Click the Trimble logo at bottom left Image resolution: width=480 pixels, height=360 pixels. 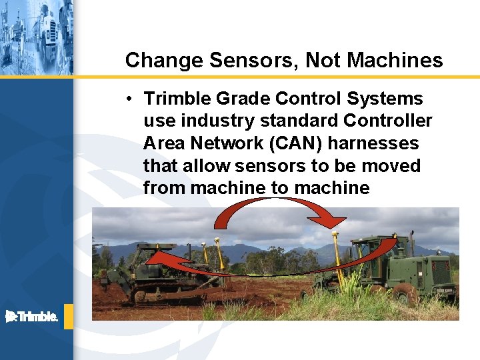31,317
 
